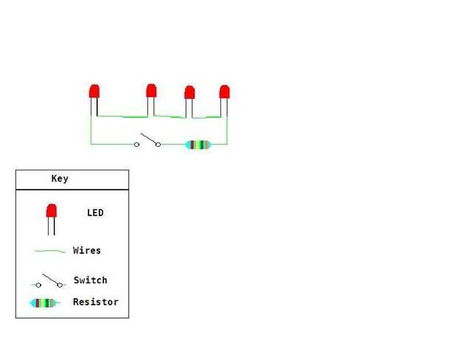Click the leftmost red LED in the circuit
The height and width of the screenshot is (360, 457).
tap(94, 91)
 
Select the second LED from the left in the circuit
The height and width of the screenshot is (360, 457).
tap(151, 91)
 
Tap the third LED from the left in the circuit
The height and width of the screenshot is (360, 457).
tap(189, 93)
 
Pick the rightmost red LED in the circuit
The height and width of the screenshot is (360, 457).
tap(225, 92)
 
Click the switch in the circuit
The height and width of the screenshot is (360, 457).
tap(147, 140)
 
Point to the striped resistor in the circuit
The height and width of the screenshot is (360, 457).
tap(198, 145)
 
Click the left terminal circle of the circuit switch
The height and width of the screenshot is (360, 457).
tap(136, 145)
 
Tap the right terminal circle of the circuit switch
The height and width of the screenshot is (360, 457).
tap(158, 145)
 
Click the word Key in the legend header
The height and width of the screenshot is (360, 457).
tap(60, 179)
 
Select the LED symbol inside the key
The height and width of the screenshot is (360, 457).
tap(52, 212)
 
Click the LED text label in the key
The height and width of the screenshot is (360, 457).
tap(95, 213)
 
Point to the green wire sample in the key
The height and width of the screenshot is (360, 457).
tap(49, 252)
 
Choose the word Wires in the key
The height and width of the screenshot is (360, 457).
tap(87, 251)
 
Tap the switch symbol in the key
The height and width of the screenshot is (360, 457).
tap(50, 281)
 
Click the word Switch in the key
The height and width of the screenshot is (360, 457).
tap(90, 280)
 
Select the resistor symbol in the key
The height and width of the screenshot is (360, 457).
tap(43, 302)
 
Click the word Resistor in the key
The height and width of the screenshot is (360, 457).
tap(95, 302)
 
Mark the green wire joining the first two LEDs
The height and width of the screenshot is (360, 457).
tap(122, 117)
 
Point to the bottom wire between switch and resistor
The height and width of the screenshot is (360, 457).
tap(172, 145)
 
